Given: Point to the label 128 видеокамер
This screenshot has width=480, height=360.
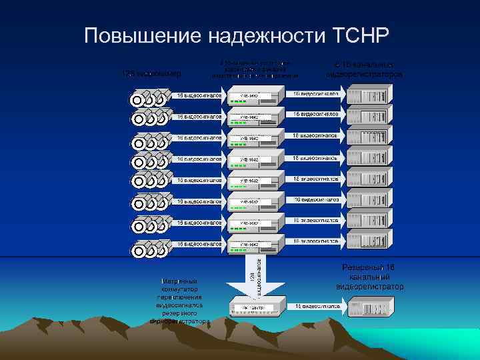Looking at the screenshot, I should click(152, 73).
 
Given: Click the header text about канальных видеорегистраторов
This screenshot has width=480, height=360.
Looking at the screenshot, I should click(364, 69).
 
